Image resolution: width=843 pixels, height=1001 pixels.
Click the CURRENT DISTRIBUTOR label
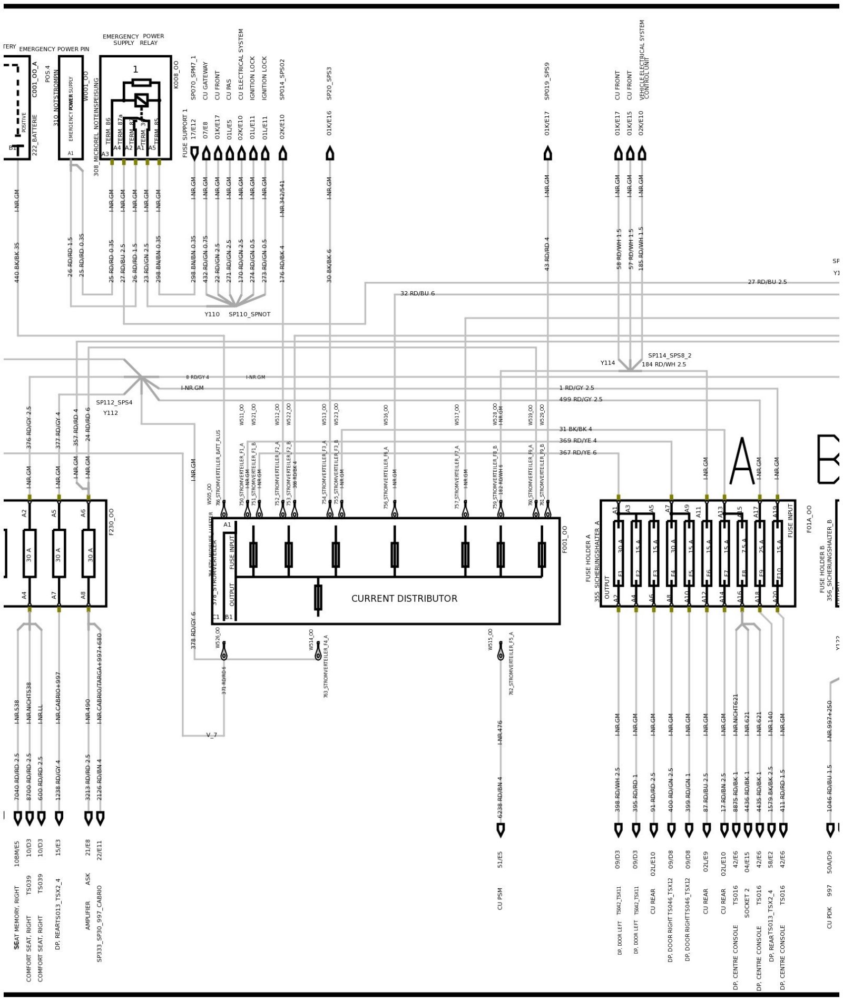click(404, 599)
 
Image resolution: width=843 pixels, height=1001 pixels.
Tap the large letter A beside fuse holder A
click(742, 461)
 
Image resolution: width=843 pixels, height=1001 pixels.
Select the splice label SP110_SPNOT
click(249, 314)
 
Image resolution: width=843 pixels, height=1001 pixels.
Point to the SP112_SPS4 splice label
click(114, 402)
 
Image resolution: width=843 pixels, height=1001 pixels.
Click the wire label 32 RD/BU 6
click(417, 293)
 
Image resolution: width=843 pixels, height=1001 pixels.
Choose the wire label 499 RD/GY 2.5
click(581, 399)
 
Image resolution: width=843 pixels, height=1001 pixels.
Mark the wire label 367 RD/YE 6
click(578, 452)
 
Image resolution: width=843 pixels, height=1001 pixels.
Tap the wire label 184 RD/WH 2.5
click(664, 364)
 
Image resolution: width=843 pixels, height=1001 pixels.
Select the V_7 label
click(211, 735)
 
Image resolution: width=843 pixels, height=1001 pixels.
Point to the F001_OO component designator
click(565, 539)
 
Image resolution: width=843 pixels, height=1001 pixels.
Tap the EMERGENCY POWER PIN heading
click(54, 49)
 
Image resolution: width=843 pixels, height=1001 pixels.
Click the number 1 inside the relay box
click(135, 70)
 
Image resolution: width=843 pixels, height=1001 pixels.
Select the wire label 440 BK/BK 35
click(17, 262)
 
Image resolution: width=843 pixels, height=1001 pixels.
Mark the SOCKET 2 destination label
click(747, 903)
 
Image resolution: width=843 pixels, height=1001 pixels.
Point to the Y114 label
click(607, 363)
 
